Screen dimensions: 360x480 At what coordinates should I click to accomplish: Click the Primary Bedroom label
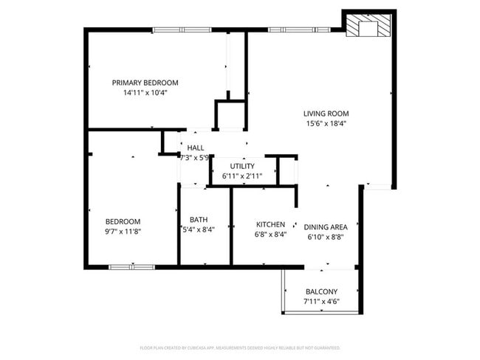click(145, 83)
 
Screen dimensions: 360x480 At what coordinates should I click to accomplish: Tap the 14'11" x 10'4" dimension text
click(145, 93)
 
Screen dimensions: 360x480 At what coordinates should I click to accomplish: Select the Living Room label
click(325, 114)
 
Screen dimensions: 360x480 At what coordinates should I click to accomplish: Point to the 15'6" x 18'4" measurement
click(325, 124)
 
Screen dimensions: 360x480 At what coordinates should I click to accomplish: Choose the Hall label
click(196, 148)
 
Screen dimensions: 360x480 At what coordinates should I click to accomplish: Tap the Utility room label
click(242, 166)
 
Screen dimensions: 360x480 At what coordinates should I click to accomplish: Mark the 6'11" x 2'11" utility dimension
click(242, 176)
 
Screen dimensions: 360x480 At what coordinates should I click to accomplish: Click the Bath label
click(199, 220)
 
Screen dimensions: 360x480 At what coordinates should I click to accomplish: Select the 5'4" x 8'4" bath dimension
click(198, 230)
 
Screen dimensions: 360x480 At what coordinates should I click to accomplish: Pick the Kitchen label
click(270, 224)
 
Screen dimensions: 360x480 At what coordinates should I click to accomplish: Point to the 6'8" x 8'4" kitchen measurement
click(270, 235)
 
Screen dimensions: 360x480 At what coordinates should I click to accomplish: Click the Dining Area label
click(326, 227)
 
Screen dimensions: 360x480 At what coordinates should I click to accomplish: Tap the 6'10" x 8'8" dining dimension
click(326, 238)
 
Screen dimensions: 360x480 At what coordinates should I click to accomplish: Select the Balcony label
click(320, 292)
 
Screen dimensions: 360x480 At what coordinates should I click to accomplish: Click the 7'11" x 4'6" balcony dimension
click(320, 302)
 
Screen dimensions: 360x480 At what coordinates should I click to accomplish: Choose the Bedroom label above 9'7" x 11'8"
click(123, 221)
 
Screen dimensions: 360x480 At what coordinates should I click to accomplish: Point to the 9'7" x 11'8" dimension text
click(123, 232)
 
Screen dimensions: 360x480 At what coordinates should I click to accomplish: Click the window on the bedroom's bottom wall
click(131, 266)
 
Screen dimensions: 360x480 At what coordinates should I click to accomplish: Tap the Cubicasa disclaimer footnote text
click(239, 347)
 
